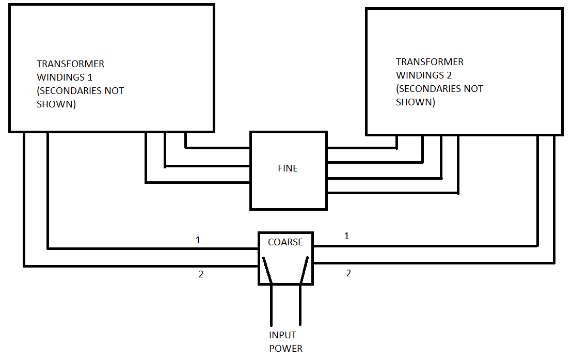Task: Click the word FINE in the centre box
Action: point(288,168)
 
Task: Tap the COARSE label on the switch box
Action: point(285,242)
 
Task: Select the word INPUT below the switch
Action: point(282,335)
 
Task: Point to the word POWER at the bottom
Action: point(285,348)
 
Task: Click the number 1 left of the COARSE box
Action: point(198,240)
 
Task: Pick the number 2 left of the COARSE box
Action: point(201,274)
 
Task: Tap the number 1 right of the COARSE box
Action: point(346,236)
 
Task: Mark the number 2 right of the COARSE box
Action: point(348,273)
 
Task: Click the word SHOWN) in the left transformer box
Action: point(56,104)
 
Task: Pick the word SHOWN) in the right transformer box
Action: point(415,102)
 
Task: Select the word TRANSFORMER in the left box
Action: point(70,64)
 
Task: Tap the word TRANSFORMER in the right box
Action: point(430,62)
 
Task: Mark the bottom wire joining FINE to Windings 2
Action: point(392,193)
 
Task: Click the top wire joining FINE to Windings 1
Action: point(217,148)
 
